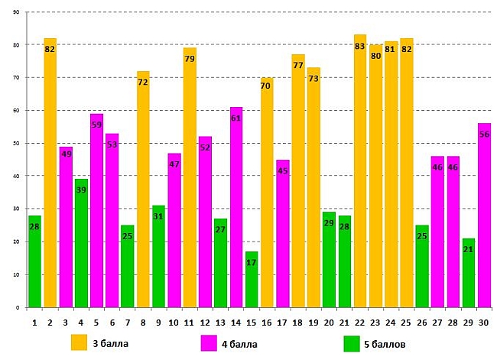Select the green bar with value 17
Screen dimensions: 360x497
[x=252, y=279]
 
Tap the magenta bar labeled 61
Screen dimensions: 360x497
[x=236, y=207]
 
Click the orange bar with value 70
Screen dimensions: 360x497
[x=267, y=192]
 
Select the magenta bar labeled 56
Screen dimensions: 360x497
[x=484, y=215]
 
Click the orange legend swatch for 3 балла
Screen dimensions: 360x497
[x=79, y=342]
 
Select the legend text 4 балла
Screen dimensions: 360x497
[x=240, y=344]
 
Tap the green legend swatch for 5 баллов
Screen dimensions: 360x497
[x=352, y=342]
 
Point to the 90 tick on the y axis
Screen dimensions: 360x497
[x=16, y=12]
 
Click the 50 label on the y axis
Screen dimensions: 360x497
[x=16, y=143]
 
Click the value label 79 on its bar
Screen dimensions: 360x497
[x=190, y=59]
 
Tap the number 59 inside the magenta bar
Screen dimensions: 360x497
[x=96, y=125]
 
